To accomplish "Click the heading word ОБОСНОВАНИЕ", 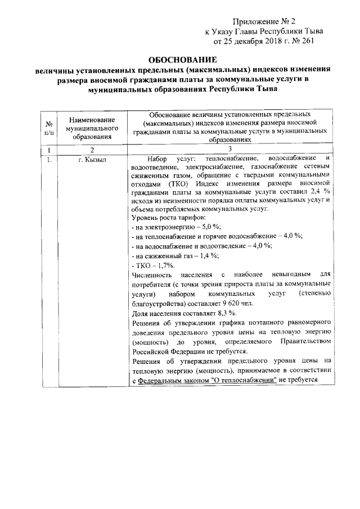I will click(x=181, y=60).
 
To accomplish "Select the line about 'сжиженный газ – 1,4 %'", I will click(x=174, y=255).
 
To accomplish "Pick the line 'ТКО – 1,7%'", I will click(x=152, y=264).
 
